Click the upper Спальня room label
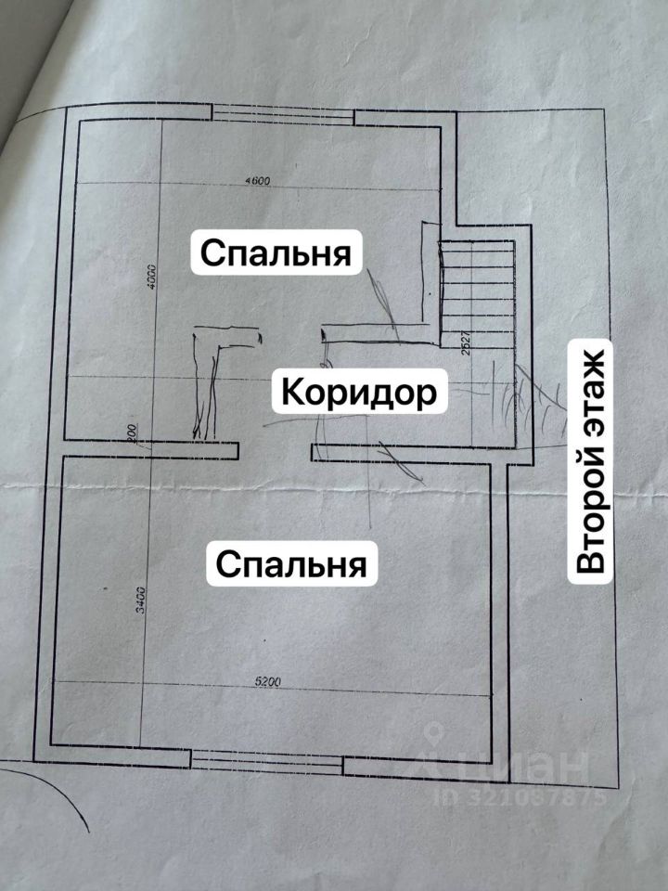276,252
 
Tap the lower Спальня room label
292,563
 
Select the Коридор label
358,393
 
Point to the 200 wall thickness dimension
133,435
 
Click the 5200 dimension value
268,683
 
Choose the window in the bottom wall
267,763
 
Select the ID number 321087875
523,796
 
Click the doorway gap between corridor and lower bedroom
275,452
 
